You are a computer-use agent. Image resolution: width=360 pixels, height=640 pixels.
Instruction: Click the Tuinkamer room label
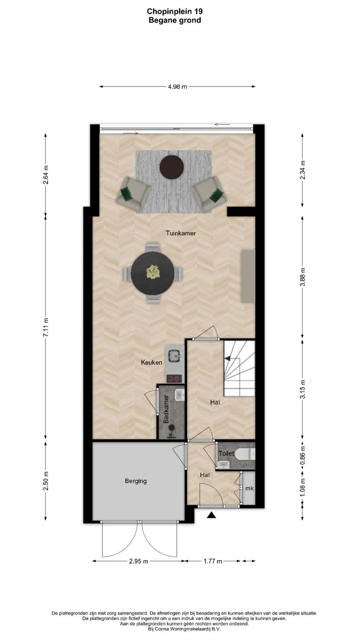pyautogui.click(x=181, y=233)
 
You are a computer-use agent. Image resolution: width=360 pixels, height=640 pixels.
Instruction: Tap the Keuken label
pyautogui.click(x=152, y=362)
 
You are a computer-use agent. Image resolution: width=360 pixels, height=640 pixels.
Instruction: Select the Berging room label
pyautogui.click(x=136, y=481)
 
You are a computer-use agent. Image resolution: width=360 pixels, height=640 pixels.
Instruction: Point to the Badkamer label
pyautogui.click(x=166, y=409)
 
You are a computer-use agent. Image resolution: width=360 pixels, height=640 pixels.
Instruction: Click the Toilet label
pyautogui.click(x=226, y=453)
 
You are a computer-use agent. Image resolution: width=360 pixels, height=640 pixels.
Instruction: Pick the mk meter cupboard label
pyautogui.click(x=250, y=488)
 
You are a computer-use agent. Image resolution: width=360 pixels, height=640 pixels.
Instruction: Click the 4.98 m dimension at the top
pyautogui.click(x=178, y=86)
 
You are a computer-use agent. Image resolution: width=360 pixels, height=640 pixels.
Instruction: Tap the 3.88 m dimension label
pyautogui.click(x=303, y=277)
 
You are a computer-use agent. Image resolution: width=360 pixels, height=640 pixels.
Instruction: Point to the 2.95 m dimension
pyautogui.click(x=138, y=561)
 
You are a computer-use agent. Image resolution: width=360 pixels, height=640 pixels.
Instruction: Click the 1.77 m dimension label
pyautogui.click(x=213, y=561)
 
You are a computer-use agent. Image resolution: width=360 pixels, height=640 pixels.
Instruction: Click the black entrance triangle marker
pyautogui.click(x=211, y=515)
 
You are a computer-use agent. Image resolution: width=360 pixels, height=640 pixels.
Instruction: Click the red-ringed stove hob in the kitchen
pyautogui.click(x=174, y=378)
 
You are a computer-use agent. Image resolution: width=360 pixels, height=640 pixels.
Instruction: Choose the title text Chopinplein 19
pyautogui.click(x=175, y=12)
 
